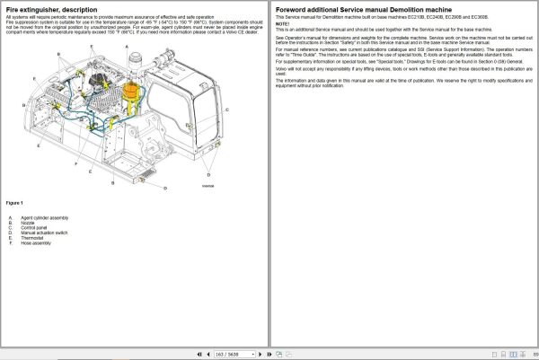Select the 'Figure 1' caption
coord(14,202)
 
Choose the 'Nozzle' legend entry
coord(27,223)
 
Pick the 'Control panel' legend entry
coord(33,228)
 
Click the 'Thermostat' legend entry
coord(31,238)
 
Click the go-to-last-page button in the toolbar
coord(277,354)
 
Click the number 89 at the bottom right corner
coord(534,354)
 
